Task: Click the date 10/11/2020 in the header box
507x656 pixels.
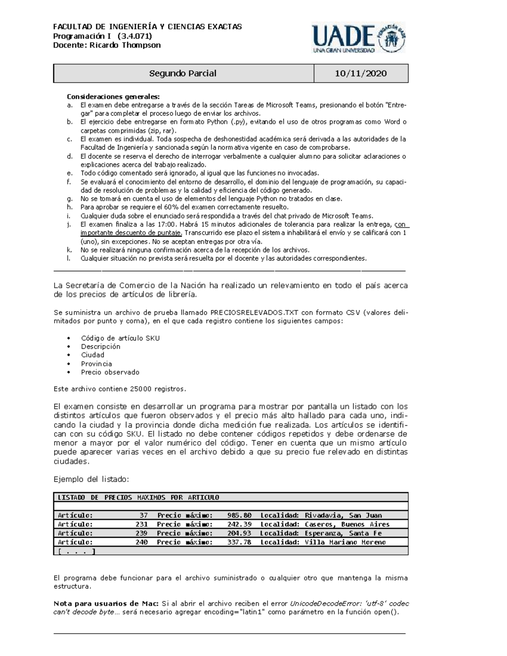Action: (361, 73)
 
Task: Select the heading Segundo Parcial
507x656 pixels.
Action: (183, 73)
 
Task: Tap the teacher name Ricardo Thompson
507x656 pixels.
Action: (125, 45)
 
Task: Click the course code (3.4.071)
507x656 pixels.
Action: (135, 36)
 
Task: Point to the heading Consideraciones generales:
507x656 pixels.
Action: (113, 96)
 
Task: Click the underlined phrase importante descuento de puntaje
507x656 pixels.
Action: (131, 233)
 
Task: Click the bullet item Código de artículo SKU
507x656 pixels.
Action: (120, 338)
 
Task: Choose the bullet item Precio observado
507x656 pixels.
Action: (110, 372)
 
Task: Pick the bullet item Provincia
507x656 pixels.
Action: (96, 364)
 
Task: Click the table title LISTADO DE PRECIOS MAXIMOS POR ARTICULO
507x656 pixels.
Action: (138, 498)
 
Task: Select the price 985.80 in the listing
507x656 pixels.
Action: (239, 515)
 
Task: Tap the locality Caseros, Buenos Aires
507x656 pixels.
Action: (347, 524)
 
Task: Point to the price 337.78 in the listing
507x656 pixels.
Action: (239, 542)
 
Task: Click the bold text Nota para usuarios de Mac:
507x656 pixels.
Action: (106, 603)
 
